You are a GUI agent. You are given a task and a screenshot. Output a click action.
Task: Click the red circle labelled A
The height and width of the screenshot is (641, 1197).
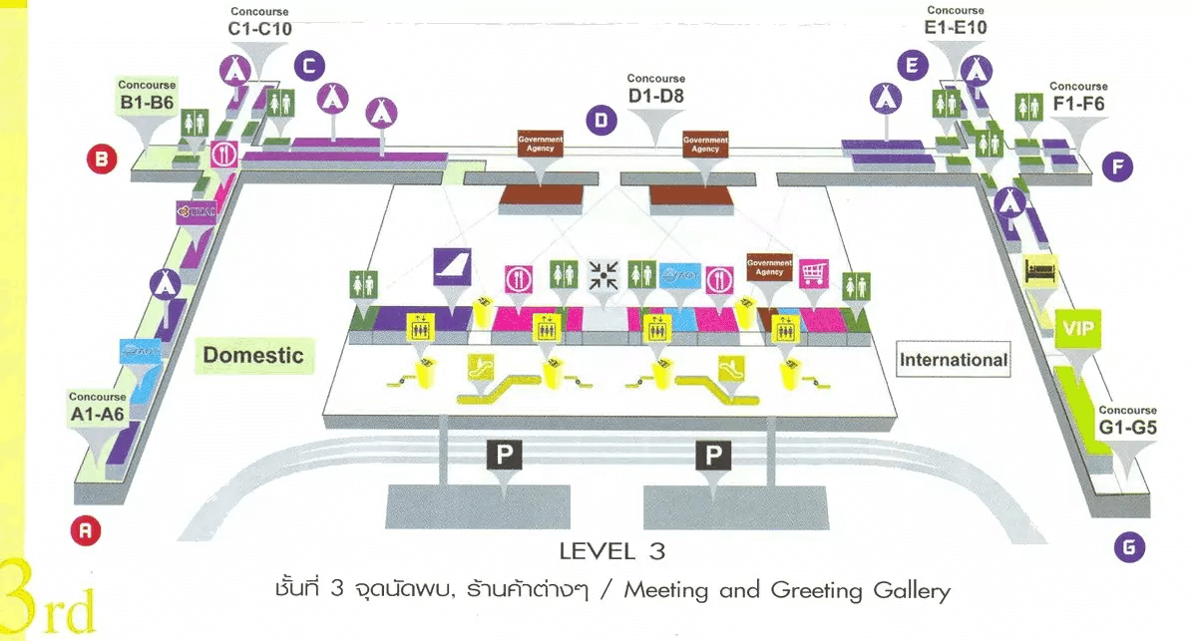(x=86, y=531)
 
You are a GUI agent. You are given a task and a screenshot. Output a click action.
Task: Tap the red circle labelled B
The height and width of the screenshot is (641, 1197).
(x=102, y=158)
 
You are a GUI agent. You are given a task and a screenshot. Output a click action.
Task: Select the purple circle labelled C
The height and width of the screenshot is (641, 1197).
(x=309, y=67)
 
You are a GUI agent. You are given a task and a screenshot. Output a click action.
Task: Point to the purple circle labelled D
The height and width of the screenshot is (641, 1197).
(x=600, y=122)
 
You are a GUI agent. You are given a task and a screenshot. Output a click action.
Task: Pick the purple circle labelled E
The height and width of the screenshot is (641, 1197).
(x=911, y=67)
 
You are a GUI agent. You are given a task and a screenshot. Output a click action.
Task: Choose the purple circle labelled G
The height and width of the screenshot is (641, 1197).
(x=1128, y=546)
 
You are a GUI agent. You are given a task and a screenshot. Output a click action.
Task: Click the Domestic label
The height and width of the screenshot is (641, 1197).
(x=253, y=355)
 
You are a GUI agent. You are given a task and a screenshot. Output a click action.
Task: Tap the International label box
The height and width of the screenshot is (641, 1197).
(x=954, y=360)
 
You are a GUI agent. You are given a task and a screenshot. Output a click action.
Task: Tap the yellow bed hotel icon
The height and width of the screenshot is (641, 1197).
(x=1037, y=269)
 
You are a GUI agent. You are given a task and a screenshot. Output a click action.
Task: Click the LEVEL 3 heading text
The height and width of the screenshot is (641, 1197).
(x=611, y=550)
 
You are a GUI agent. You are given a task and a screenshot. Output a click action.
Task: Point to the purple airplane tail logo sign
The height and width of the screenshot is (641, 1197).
(x=450, y=268)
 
